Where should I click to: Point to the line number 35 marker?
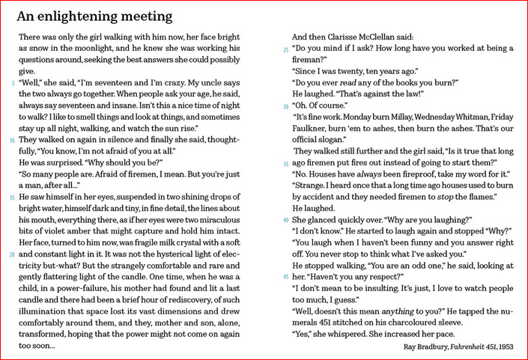(285, 162)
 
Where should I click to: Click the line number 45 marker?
(285, 277)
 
